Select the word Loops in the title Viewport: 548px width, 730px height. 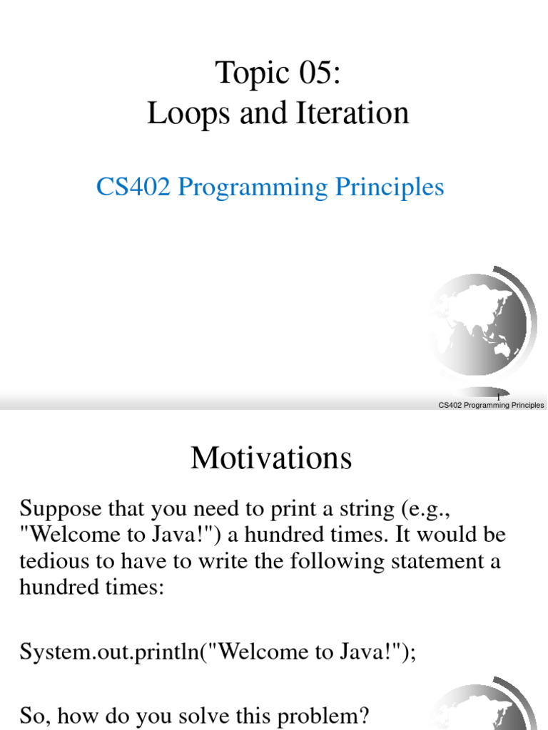[x=176, y=114]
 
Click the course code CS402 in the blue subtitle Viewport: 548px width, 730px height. [x=133, y=187]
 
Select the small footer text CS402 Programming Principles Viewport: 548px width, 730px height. [x=491, y=405]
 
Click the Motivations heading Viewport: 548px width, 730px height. [x=271, y=458]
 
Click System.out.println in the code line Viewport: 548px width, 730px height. [x=108, y=652]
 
